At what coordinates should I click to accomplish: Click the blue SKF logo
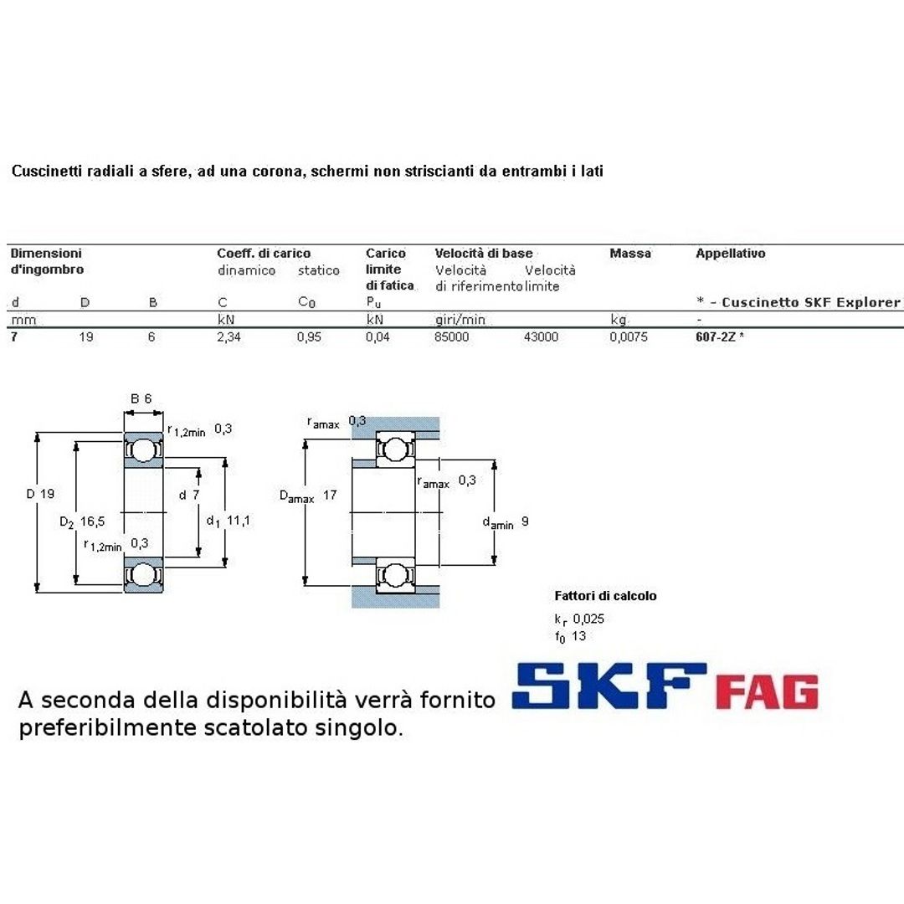coord(609,688)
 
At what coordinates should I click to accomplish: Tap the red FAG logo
coord(767,691)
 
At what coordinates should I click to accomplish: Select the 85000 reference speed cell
coord(452,337)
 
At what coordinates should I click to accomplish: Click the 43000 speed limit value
coord(542,337)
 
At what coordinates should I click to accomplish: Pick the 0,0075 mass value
coord(628,337)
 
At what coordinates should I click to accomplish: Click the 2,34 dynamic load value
coord(229,337)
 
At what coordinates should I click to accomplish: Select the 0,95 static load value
coord(310,337)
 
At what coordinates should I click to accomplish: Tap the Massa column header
coord(630,254)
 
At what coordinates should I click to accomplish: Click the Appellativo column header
coord(730,254)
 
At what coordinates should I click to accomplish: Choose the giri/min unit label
coord(460,320)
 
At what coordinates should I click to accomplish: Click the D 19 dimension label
coord(40,494)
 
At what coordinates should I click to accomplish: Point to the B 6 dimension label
coord(141,398)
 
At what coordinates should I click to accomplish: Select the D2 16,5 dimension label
coord(82,521)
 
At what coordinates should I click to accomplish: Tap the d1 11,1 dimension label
coord(229,521)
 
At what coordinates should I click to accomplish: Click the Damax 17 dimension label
coord(307,496)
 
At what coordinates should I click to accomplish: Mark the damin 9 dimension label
coord(505,522)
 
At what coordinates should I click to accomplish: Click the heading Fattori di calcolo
coord(605,596)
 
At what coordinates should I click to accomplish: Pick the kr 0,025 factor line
coord(579,619)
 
